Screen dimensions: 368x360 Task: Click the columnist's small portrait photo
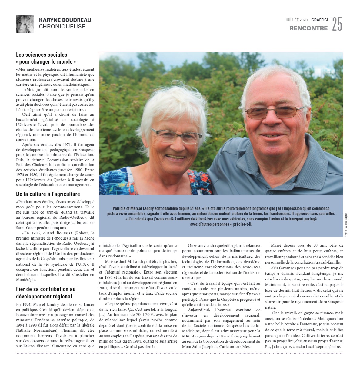coord(25,24)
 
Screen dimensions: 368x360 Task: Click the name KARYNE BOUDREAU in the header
coord(65,20)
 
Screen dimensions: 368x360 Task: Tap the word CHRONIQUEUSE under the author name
coord(62,27)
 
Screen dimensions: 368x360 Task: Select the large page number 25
coord(337,24)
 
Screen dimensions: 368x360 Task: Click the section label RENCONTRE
coord(308,28)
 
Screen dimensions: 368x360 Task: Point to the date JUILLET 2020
coord(296,20)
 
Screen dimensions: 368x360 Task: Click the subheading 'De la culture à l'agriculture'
coord(48,194)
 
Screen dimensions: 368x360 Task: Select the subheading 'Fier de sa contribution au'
coord(46,289)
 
